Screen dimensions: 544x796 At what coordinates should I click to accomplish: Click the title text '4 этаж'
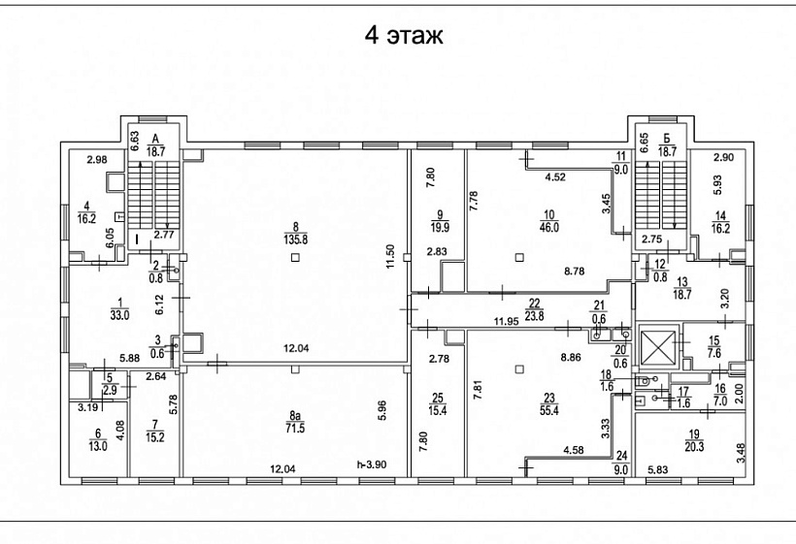coord(403,37)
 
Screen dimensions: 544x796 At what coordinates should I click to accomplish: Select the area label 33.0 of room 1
coord(119,313)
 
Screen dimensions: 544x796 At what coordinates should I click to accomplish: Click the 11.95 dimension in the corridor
coord(504,321)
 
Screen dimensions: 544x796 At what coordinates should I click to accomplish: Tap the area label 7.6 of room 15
coord(714,353)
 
